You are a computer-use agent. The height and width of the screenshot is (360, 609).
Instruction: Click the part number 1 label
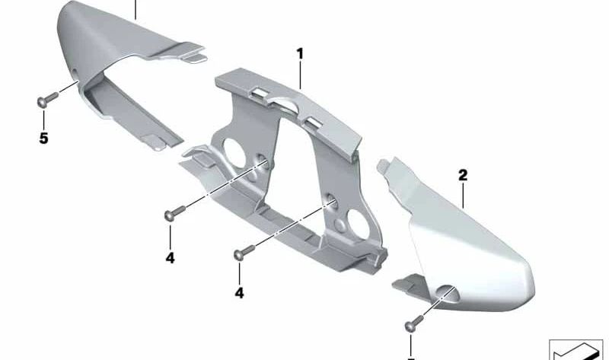pos(299,54)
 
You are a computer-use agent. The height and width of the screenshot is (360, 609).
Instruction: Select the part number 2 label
pos(463,176)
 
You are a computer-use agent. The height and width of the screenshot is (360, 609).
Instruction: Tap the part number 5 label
pos(43,139)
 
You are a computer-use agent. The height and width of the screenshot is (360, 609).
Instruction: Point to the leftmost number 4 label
pos(170,258)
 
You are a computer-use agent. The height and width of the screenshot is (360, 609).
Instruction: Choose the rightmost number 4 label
pos(239,293)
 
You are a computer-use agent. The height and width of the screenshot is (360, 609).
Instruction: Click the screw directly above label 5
pos(47,99)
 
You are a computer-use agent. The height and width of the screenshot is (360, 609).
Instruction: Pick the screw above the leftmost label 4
pos(174,213)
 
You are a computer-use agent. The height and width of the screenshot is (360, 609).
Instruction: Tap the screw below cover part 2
pos(414,323)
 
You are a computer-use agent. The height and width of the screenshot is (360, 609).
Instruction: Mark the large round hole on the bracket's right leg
pos(359,225)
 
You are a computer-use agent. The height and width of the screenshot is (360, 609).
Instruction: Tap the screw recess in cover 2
pos(448,293)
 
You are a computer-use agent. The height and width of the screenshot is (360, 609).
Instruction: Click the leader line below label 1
pos(300,75)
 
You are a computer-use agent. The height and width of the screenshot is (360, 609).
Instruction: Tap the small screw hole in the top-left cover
pos(74,72)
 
